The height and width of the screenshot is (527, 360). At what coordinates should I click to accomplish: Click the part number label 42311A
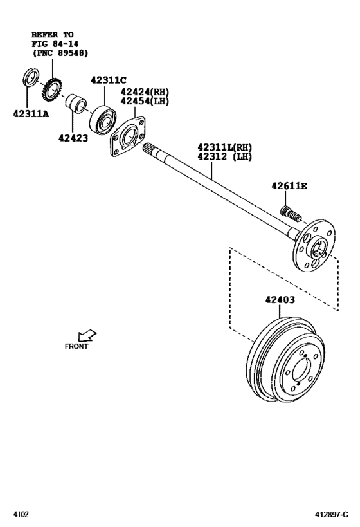(x=30, y=115)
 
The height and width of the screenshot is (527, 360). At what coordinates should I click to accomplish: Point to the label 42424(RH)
(x=143, y=91)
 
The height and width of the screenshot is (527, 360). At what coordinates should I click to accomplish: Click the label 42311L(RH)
(x=224, y=147)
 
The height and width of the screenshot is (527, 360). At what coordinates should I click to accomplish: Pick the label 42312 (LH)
(x=224, y=156)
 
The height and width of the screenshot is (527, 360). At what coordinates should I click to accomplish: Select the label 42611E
(x=289, y=187)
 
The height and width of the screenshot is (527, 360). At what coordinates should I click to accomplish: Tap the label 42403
(x=281, y=299)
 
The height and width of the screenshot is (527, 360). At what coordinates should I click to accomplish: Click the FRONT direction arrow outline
(x=86, y=335)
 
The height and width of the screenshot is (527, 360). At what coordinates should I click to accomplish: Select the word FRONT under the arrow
(x=76, y=346)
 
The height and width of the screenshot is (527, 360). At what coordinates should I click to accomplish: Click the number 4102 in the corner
(x=21, y=515)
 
